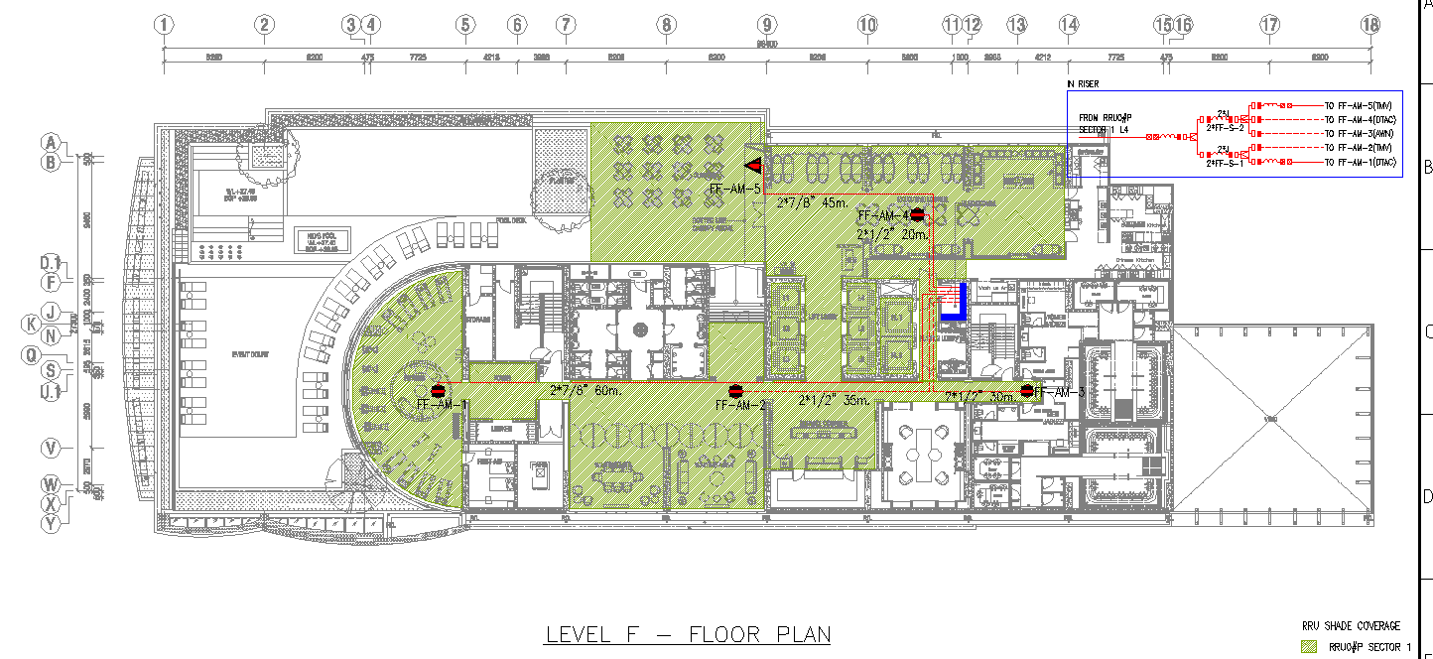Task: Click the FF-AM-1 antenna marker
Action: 437,391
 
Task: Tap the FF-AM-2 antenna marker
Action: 735,391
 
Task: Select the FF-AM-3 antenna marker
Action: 1027,391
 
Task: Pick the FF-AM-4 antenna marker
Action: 918,214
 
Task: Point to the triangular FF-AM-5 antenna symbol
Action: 753,165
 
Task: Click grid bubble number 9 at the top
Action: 766,25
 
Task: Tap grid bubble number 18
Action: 1370,25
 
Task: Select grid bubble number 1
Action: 165,25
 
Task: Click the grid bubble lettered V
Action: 51,449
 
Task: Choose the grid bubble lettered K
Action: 32,324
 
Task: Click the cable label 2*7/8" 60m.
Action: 585,391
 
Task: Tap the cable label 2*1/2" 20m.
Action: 892,235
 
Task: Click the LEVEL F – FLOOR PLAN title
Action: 687,634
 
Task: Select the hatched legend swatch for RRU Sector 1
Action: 1310,647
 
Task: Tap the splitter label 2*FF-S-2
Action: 1225,128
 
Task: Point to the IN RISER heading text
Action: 1083,85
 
